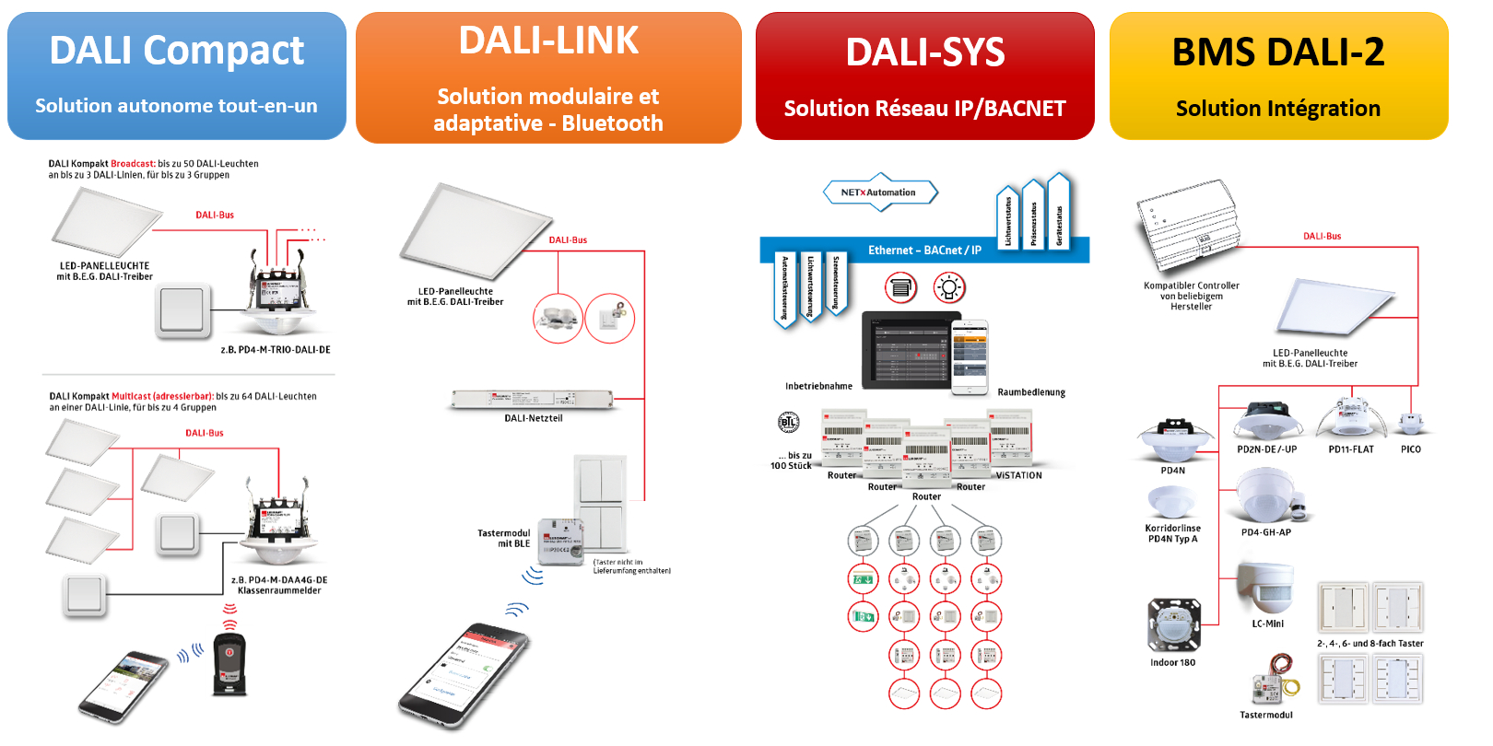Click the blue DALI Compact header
pyautogui.click(x=176, y=76)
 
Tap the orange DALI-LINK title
pyautogui.click(x=548, y=41)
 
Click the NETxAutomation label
pyautogui.click(x=878, y=192)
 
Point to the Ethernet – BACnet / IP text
pyautogui.click(x=924, y=251)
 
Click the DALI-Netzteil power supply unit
pyautogui.click(x=533, y=400)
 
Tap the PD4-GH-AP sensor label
pyautogui.click(x=1265, y=532)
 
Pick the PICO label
pyautogui.click(x=1410, y=449)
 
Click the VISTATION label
pyautogui.click(x=1018, y=475)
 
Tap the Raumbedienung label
pyautogui.click(x=1030, y=392)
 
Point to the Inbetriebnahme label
pyautogui.click(x=818, y=387)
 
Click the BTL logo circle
pyautogui.click(x=788, y=423)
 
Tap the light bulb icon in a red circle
pyautogui.click(x=948, y=288)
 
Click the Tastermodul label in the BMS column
pyautogui.click(x=1265, y=715)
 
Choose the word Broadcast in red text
pyautogui.click(x=132, y=164)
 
